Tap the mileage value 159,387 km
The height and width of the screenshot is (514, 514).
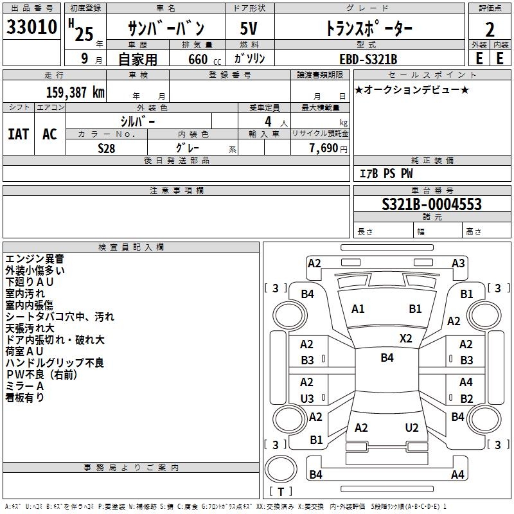pyautogui.click(x=75, y=92)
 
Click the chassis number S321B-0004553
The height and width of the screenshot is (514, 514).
pyautogui.click(x=431, y=204)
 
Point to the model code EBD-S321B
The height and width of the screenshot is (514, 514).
pyautogui.click(x=368, y=59)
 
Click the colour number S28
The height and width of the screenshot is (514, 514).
pyautogui.click(x=107, y=148)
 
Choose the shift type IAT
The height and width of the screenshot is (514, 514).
pyautogui.click(x=18, y=134)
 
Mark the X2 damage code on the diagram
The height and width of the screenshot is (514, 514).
pyautogui.click(x=406, y=338)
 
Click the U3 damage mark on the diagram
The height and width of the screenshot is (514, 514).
pyautogui.click(x=307, y=398)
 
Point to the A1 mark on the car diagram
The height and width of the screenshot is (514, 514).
pyautogui.click(x=358, y=309)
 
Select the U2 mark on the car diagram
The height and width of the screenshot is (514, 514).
pyautogui.click(x=412, y=428)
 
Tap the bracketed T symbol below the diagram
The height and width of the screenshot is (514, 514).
pyautogui.click(x=281, y=492)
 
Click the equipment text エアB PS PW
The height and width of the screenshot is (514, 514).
pyautogui.click(x=386, y=173)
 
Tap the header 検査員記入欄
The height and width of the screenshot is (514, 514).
pyautogui.click(x=131, y=247)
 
